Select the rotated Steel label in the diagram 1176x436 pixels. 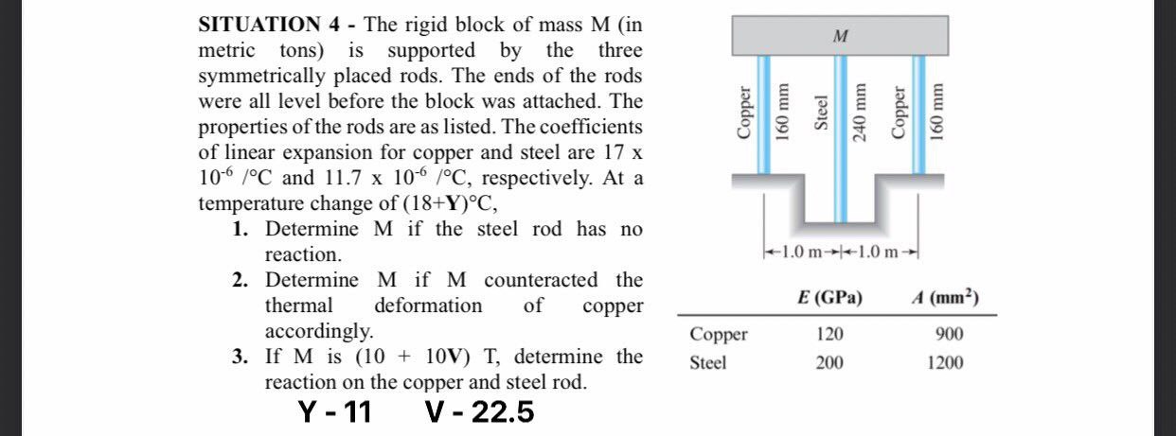tap(823, 113)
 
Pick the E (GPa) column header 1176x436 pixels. tap(829, 298)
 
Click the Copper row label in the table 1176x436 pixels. tap(719, 335)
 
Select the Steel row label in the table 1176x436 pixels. tap(708, 362)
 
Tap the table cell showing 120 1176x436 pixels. tap(829, 335)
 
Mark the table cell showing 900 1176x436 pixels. tap(947, 335)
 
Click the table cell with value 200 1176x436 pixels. tap(829, 362)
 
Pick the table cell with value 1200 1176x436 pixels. tap(946, 362)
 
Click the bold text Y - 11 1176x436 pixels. tap(334, 412)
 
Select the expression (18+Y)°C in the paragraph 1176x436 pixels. tap(446, 203)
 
